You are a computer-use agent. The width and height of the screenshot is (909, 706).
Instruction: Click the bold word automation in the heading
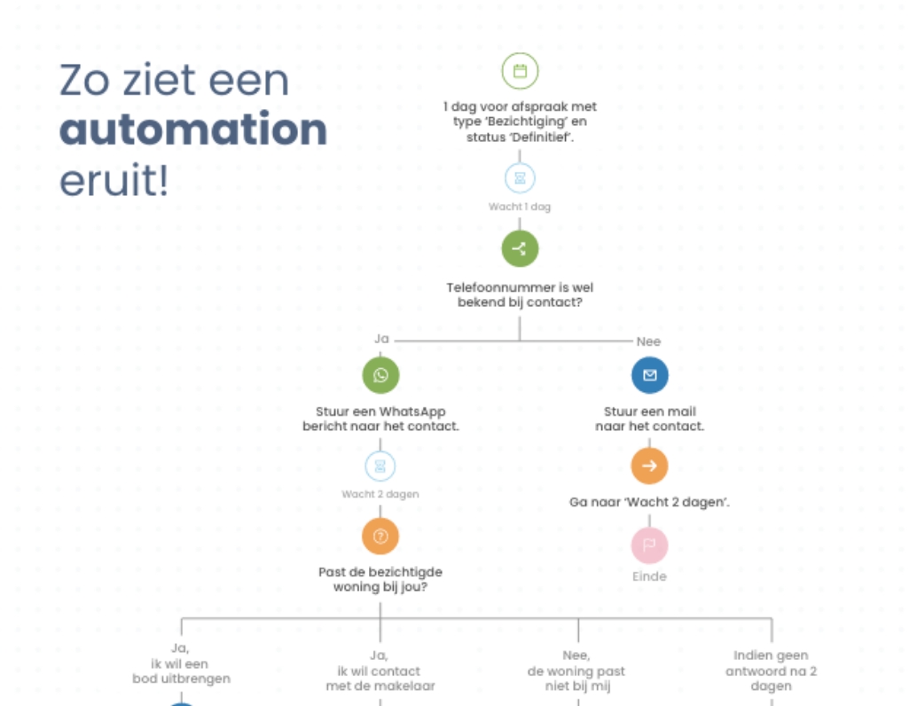coord(193,130)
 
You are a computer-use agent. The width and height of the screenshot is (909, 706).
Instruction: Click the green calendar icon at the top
coord(520,71)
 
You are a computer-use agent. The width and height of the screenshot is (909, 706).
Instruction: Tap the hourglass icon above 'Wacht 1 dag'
coord(520,178)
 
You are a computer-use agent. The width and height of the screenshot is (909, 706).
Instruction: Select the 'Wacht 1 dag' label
coord(520,207)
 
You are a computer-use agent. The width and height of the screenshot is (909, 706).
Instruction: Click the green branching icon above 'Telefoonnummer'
coord(520,248)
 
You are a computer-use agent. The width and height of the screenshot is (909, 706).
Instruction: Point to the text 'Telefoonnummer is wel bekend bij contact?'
coord(520,294)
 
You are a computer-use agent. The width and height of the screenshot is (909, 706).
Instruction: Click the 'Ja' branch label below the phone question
coord(381,340)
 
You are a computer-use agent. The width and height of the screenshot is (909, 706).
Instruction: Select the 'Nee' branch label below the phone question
coord(648,341)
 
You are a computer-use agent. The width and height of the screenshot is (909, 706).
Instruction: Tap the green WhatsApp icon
coord(380,375)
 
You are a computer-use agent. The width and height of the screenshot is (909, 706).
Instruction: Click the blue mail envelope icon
coord(649,375)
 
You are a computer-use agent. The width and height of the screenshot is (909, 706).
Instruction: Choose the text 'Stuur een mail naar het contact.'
coord(649,419)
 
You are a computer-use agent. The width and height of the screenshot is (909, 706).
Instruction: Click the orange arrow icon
coord(649,466)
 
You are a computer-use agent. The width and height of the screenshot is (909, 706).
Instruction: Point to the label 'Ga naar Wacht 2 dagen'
coord(649,503)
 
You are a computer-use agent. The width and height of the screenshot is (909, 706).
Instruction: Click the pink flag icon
coord(649,545)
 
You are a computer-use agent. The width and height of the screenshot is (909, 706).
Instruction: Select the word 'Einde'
coord(649,577)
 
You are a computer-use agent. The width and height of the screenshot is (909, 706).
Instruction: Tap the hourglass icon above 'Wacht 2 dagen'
coord(380,466)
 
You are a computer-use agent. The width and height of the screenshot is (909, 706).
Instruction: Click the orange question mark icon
coord(380,536)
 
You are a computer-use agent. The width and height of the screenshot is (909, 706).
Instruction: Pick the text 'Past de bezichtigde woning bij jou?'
coord(380,579)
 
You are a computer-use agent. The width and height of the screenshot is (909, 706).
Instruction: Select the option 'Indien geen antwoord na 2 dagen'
coord(771,671)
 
